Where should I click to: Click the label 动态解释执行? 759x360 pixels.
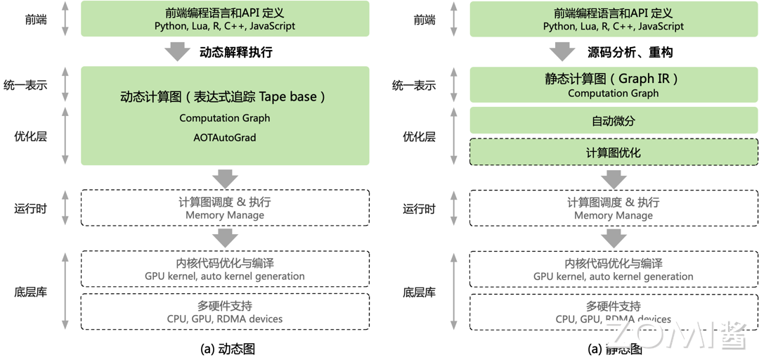click(x=236, y=53)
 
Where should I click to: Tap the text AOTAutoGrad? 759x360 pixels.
click(x=225, y=138)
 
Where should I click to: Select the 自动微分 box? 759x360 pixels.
click(x=614, y=121)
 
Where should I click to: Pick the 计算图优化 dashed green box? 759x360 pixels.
click(x=614, y=153)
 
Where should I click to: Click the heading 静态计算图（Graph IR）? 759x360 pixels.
click(x=614, y=79)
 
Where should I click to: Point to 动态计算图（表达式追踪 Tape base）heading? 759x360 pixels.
click(x=225, y=97)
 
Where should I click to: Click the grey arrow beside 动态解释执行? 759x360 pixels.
click(x=177, y=52)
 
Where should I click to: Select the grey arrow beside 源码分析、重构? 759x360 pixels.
click(x=562, y=52)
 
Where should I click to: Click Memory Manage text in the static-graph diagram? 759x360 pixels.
click(x=614, y=215)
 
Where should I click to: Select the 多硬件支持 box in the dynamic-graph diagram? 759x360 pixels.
click(x=225, y=311)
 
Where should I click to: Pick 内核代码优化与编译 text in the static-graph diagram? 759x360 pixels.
click(x=614, y=264)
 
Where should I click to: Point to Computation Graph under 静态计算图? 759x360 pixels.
click(x=614, y=93)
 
